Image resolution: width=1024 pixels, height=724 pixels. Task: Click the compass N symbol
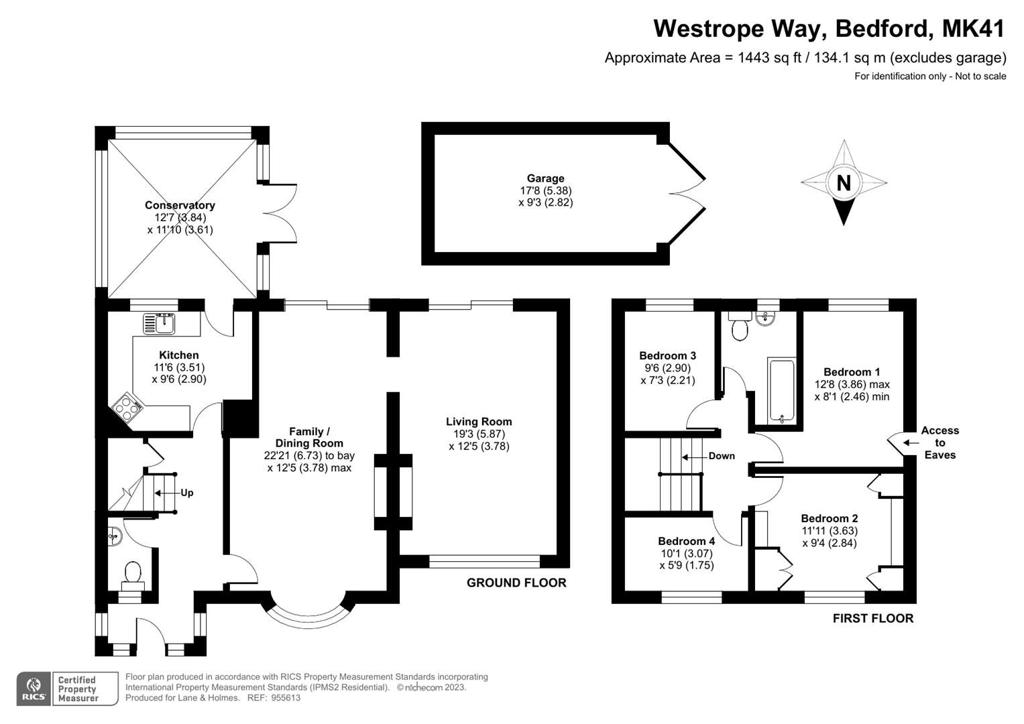pyautogui.click(x=844, y=182)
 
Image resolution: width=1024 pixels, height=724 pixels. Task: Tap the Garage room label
pyautogui.click(x=545, y=178)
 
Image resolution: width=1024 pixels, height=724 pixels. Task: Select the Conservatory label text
pyautogui.click(x=180, y=205)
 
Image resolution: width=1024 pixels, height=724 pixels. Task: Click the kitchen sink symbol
pyautogui.click(x=159, y=324)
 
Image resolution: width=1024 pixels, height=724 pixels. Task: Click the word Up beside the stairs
pyautogui.click(x=186, y=493)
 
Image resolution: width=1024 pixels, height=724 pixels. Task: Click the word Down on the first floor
pyautogui.click(x=722, y=456)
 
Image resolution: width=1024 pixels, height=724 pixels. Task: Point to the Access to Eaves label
pyautogui.click(x=940, y=442)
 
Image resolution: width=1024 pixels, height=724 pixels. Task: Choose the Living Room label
pyautogui.click(x=479, y=422)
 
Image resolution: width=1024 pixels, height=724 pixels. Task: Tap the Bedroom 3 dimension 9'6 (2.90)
pyautogui.click(x=667, y=368)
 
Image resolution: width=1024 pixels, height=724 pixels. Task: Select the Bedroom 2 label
pyautogui.click(x=829, y=518)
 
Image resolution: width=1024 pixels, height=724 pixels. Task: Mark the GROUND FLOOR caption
pyautogui.click(x=516, y=583)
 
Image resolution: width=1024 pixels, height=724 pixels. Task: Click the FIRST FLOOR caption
pyautogui.click(x=872, y=618)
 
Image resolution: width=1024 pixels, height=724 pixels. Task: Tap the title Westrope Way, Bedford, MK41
pyautogui.click(x=829, y=29)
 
